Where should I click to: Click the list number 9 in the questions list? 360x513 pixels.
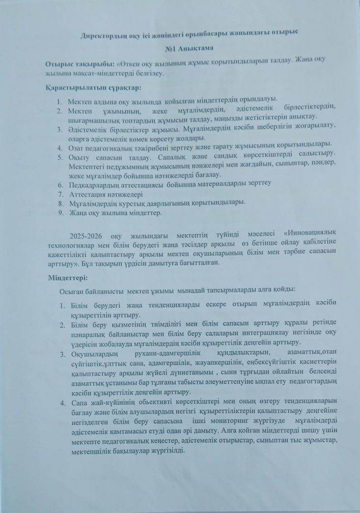click(x=60, y=213)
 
